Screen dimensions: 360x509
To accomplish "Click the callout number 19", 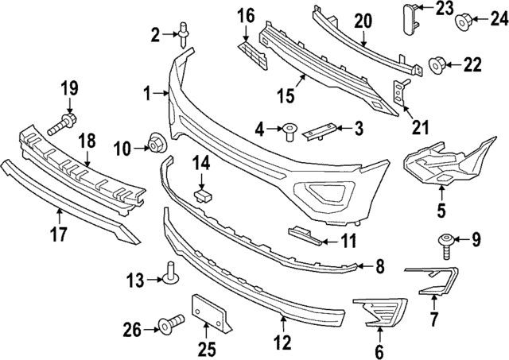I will pos(68,87).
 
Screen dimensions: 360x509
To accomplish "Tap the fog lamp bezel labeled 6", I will pos(378,312).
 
